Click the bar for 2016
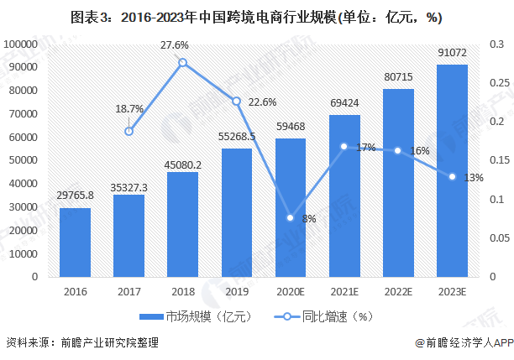click(75, 243)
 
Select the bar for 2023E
click(452, 171)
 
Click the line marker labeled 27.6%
click(182, 63)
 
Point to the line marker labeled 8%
click(291, 218)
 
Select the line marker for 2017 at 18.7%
click(128, 131)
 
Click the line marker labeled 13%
click(452, 177)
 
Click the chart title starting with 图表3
click(256, 16)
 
